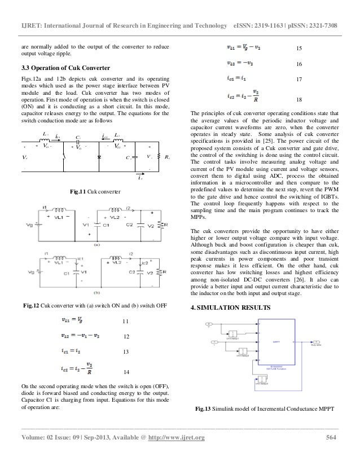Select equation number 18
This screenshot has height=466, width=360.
tap(300, 99)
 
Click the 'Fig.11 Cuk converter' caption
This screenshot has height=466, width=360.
tap(95, 192)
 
